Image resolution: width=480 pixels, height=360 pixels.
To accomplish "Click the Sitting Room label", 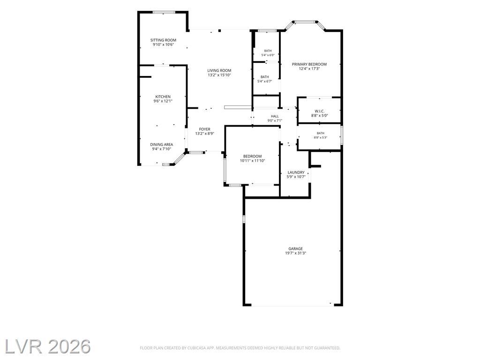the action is click(x=163, y=40).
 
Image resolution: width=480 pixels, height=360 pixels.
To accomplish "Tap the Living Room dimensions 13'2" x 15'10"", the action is click(x=219, y=75).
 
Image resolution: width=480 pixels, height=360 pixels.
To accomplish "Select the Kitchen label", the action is click(x=163, y=97).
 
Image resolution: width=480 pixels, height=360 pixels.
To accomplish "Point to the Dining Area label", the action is click(x=161, y=144).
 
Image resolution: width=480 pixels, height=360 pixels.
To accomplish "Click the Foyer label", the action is click(x=204, y=129).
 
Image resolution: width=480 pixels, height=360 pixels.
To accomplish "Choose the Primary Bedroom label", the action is click(x=309, y=64).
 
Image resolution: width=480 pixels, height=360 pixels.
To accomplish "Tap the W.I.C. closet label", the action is click(x=320, y=111).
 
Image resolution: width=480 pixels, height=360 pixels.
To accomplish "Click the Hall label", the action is click(x=275, y=116).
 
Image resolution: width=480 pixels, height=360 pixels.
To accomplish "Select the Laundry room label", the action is click(x=296, y=172).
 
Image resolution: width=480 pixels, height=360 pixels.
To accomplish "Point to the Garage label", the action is click(x=295, y=249).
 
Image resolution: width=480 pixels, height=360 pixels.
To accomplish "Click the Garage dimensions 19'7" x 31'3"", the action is click(x=295, y=253).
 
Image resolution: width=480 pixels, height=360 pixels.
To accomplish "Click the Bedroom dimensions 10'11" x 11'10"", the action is click(x=253, y=160).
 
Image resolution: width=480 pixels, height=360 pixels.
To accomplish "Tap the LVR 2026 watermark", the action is click(x=47, y=346).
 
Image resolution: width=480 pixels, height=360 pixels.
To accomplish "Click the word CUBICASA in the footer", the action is click(x=197, y=348).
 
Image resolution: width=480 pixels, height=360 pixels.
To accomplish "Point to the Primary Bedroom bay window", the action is click(x=304, y=22).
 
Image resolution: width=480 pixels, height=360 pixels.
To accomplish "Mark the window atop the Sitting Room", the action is click(x=164, y=12).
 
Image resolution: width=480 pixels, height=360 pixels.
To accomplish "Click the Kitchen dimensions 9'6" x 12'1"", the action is click(x=163, y=101).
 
